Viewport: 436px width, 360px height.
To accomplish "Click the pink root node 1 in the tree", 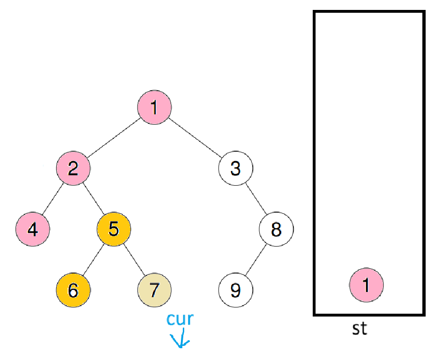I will [x=154, y=108].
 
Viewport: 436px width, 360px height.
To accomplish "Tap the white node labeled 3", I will [x=235, y=168].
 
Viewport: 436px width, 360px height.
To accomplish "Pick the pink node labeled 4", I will [x=33, y=229].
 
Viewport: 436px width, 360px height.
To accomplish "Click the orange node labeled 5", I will [x=113, y=229].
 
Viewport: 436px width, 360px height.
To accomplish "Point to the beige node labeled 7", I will [x=154, y=290].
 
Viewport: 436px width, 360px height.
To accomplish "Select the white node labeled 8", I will [x=276, y=229].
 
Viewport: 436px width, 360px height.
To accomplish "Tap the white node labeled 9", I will [x=235, y=290].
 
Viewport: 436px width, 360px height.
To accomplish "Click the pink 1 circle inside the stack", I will [x=366, y=285].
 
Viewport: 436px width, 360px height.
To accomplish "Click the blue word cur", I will [x=180, y=319].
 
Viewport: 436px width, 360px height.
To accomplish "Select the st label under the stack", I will [x=359, y=328].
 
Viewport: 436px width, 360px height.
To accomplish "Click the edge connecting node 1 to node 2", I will [x=113, y=137].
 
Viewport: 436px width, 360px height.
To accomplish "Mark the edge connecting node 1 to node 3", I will [x=195, y=137].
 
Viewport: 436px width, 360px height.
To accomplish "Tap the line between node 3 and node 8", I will [x=256, y=198].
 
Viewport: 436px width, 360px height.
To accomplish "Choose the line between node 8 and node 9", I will [x=256, y=259].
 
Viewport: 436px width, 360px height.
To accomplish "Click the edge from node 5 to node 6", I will [x=93, y=259].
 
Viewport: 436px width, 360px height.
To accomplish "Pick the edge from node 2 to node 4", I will [x=53, y=198].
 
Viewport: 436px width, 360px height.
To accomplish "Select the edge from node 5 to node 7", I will [x=134, y=259].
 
